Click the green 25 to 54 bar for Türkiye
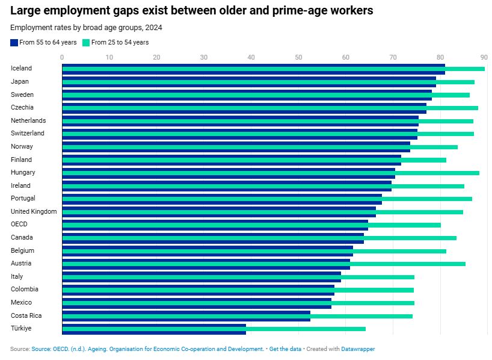click(214, 329)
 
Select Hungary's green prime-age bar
click(271, 173)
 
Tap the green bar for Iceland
click(273, 69)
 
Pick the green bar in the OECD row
click(251, 225)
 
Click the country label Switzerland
click(28, 133)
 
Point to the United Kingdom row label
click(34, 211)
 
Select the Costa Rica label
click(26, 315)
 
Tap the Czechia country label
click(22, 107)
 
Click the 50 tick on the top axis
click(298, 57)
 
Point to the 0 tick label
click(62, 57)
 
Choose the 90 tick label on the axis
click(484, 57)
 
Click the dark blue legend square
click(14, 43)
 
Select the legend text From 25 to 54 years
click(120, 42)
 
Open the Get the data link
click(285, 349)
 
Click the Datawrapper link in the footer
click(358, 349)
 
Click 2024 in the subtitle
click(154, 28)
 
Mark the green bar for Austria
click(263, 264)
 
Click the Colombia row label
click(25, 289)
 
